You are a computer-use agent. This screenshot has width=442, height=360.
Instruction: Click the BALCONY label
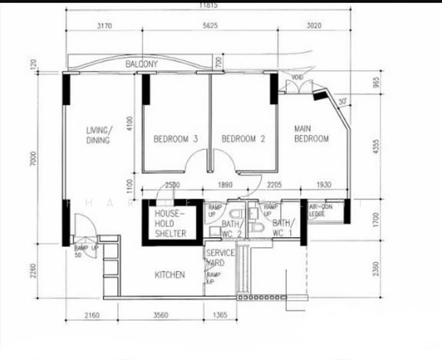point(142,64)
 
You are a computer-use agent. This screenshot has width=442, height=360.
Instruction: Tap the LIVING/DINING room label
point(98,136)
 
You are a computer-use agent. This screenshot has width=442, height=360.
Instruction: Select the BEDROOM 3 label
point(176,139)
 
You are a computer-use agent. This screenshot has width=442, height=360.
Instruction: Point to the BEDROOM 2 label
point(243,139)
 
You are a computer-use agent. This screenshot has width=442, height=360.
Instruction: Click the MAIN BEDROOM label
point(311,134)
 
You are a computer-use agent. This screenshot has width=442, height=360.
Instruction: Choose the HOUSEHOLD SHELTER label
point(170,224)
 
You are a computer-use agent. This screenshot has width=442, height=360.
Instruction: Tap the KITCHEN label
point(170,275)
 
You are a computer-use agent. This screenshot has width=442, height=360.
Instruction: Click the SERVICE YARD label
point(220,257)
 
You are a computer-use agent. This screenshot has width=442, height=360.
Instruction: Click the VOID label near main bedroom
point(297,77)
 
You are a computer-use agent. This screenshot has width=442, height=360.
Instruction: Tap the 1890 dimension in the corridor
point(225,185)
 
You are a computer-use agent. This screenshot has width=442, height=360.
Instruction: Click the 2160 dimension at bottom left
point(92,315)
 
